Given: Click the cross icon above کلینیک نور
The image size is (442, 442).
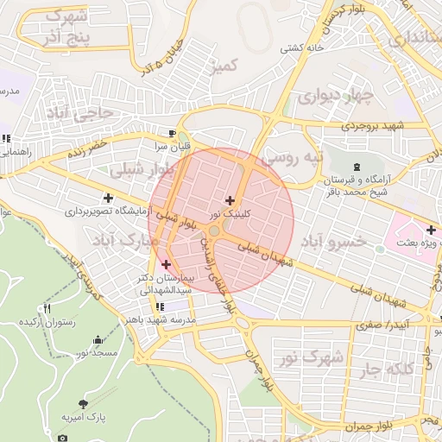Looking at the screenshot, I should [229, 200].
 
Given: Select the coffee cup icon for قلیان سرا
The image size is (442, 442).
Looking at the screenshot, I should [173, 133].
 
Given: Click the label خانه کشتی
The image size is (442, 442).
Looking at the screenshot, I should [300, 49].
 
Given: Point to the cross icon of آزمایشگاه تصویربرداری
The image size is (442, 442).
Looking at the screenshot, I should [107, 198].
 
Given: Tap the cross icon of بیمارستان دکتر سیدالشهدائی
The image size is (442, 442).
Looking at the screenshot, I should [166, 263].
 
